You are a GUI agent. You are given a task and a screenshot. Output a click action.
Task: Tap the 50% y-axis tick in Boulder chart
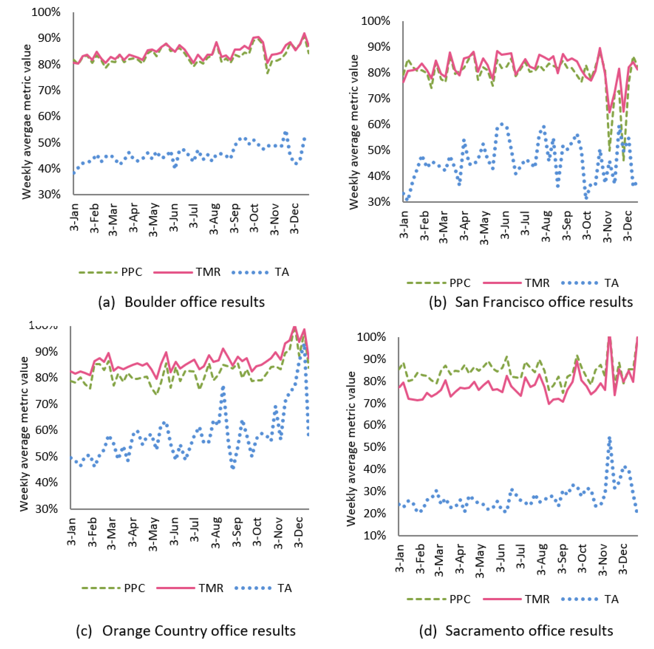[x=49, y=143]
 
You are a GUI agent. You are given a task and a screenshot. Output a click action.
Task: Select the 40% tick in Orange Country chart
[x=46, y=482]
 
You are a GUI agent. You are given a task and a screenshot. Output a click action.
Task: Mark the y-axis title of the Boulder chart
[x=26, y=122]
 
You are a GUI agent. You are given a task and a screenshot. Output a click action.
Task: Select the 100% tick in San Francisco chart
[x=376, y=21]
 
